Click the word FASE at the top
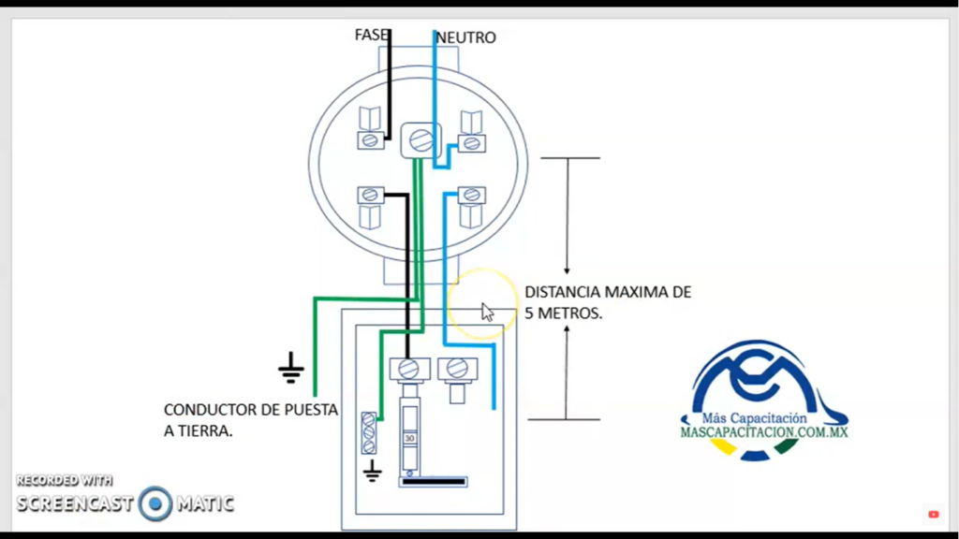(370, 35)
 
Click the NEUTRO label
(466, 38)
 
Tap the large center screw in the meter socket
(420, 141)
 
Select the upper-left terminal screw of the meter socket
(370, 140)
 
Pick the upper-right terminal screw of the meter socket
(471, 142)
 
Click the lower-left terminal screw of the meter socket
(370, 195)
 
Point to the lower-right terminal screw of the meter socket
(471, 196)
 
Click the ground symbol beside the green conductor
(291, 370)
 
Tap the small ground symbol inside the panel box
(372, 471)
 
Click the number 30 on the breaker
(409, 438)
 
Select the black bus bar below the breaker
(433, 482)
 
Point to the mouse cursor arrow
(487, 312)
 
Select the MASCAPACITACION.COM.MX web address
(763, 432)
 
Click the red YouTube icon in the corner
(934, 514)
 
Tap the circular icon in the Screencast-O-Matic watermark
(155, 503)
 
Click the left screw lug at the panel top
(408, 368)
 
